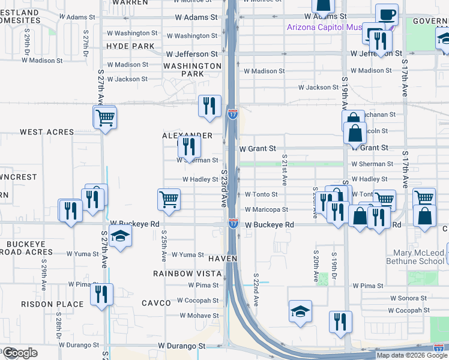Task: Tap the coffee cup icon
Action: [x=387, y=14]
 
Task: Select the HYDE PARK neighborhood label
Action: [x=131, y=46]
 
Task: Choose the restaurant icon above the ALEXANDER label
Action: [x=207, y=106]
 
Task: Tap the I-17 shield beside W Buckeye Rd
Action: [x=233, y=224]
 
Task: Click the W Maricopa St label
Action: [x=266, y=209]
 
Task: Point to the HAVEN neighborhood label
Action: [x=223, y=258]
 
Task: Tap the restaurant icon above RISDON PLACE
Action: [x=101, y=294]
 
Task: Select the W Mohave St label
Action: [x=200, y=315]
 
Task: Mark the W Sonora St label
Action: [x=408, y=298]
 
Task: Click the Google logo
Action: [x=19, y=353]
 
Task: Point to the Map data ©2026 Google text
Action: [x=412, y=355]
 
